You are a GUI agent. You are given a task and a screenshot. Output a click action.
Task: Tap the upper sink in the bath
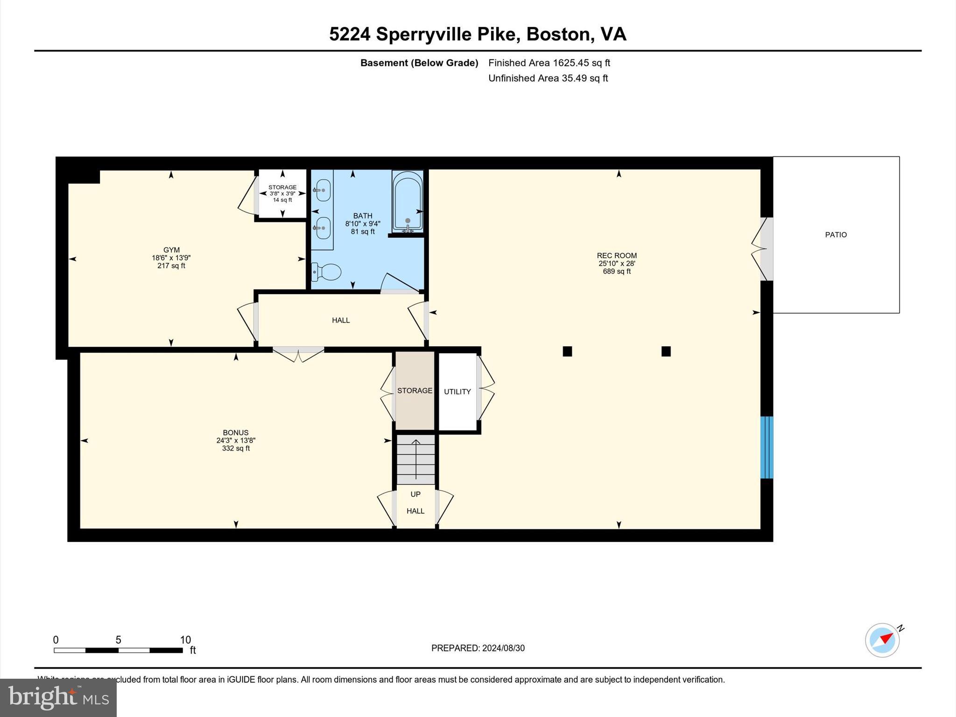[323, 190]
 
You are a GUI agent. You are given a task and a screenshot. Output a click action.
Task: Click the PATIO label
[836, 235]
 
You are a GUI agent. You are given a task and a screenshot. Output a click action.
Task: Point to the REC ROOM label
[616, 255]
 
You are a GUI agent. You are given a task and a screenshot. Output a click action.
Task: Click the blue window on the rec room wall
[766, 447]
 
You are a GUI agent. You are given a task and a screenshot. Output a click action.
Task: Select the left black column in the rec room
[567, 351]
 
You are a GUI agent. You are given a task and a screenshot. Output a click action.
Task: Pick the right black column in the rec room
[666, 351]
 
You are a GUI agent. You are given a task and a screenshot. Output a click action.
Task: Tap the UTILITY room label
[457, 392]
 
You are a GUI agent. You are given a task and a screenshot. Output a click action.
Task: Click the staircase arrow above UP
[415, 459]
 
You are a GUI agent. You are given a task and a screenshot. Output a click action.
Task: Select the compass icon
[882, 640]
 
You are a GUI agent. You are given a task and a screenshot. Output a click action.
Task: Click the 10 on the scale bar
[185, 640]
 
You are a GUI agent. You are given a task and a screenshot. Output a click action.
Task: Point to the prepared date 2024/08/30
[503, 648]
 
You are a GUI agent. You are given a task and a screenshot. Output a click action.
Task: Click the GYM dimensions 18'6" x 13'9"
[171, 258]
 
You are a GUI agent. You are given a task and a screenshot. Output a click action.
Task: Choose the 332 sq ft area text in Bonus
[236, 449]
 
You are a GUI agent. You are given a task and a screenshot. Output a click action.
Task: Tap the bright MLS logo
[58, 697]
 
